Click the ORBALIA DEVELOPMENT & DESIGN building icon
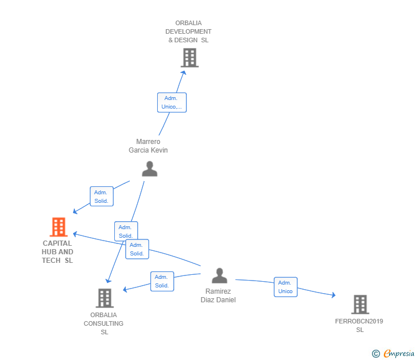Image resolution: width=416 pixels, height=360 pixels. (189, 58)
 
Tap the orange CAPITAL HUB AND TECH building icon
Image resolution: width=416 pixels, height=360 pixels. (58, 227)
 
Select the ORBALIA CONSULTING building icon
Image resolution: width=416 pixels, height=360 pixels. (104, 298)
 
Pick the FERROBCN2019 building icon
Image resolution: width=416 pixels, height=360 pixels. (359, 305)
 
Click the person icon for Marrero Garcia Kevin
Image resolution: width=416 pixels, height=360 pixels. (149, 169)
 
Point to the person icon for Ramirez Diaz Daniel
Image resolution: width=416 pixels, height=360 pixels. (219, 275)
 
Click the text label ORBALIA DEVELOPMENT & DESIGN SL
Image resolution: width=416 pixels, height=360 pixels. (189, 31)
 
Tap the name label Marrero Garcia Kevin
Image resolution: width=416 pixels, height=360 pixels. (149, 146)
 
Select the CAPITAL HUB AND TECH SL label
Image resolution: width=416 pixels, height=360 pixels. (58, 252)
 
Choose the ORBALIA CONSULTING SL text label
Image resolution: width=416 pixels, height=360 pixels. (104, 323)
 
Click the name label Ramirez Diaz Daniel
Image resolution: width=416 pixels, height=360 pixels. (218, 295)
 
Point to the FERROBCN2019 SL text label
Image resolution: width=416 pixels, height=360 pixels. (359, 325)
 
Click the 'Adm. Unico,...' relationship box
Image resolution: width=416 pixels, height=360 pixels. (171, 102)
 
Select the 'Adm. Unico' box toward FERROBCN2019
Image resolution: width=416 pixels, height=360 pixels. (285, 287)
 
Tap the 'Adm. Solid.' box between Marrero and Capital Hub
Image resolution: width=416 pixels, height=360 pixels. (102, 197)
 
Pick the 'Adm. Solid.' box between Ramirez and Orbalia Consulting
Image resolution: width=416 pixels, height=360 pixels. (162, 281)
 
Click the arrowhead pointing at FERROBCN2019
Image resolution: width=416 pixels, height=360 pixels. (333, 295)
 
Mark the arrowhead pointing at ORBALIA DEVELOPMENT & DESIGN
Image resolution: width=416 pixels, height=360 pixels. (183, 72)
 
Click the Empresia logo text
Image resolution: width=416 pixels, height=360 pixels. (399, 354)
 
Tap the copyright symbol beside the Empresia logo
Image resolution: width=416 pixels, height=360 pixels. (376, 354)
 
